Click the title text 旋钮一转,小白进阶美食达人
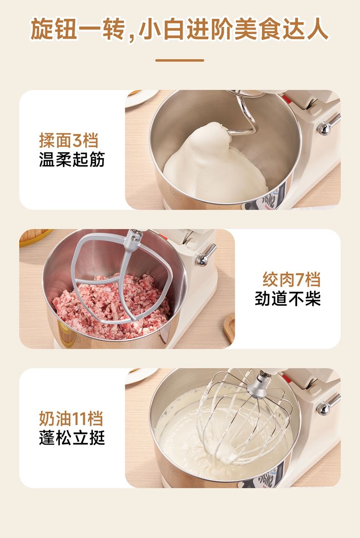180,30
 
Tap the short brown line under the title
180,60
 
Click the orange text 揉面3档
69,140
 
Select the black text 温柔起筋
72,159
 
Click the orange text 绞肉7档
291,280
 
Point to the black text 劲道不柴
288,298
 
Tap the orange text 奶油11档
71,419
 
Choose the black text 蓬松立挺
72,438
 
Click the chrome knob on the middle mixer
205,255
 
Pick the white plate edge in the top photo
141,98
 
